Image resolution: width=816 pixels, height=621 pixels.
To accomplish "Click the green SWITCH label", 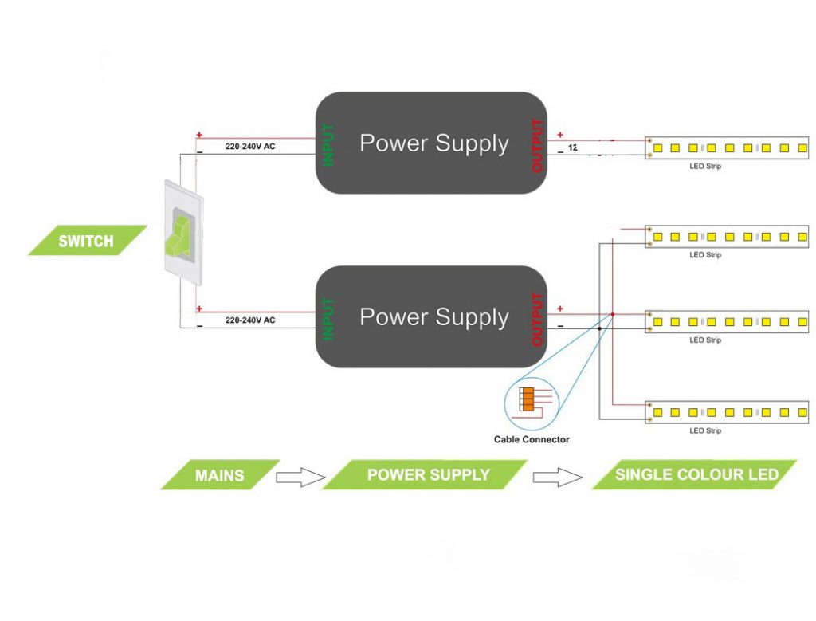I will pos(87,241).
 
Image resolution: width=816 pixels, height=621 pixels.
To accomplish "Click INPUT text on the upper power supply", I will pos(328,144).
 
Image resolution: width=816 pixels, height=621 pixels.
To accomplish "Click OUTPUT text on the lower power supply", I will pos(537,319).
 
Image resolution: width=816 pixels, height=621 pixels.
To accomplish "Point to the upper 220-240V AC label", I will pos(250,147).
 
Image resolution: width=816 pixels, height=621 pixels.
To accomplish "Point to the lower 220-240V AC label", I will pos(250,320).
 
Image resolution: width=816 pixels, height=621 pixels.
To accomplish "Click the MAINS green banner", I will pos(220,475).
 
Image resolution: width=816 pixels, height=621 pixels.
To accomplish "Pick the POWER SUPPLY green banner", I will pos(428,475).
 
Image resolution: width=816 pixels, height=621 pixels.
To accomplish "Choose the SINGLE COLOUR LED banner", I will pos(696,475).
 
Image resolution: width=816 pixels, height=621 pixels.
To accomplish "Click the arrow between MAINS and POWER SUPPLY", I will pos(300,478).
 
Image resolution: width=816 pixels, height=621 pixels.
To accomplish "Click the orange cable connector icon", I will pos(528,399).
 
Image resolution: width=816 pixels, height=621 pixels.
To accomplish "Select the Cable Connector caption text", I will pos(532,439).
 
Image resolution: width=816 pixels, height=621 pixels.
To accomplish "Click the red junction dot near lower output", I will pos(613,314).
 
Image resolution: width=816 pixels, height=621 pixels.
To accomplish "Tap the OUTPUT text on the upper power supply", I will pos(537,145).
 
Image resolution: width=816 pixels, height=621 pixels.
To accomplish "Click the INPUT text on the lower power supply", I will pos(328,318).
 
